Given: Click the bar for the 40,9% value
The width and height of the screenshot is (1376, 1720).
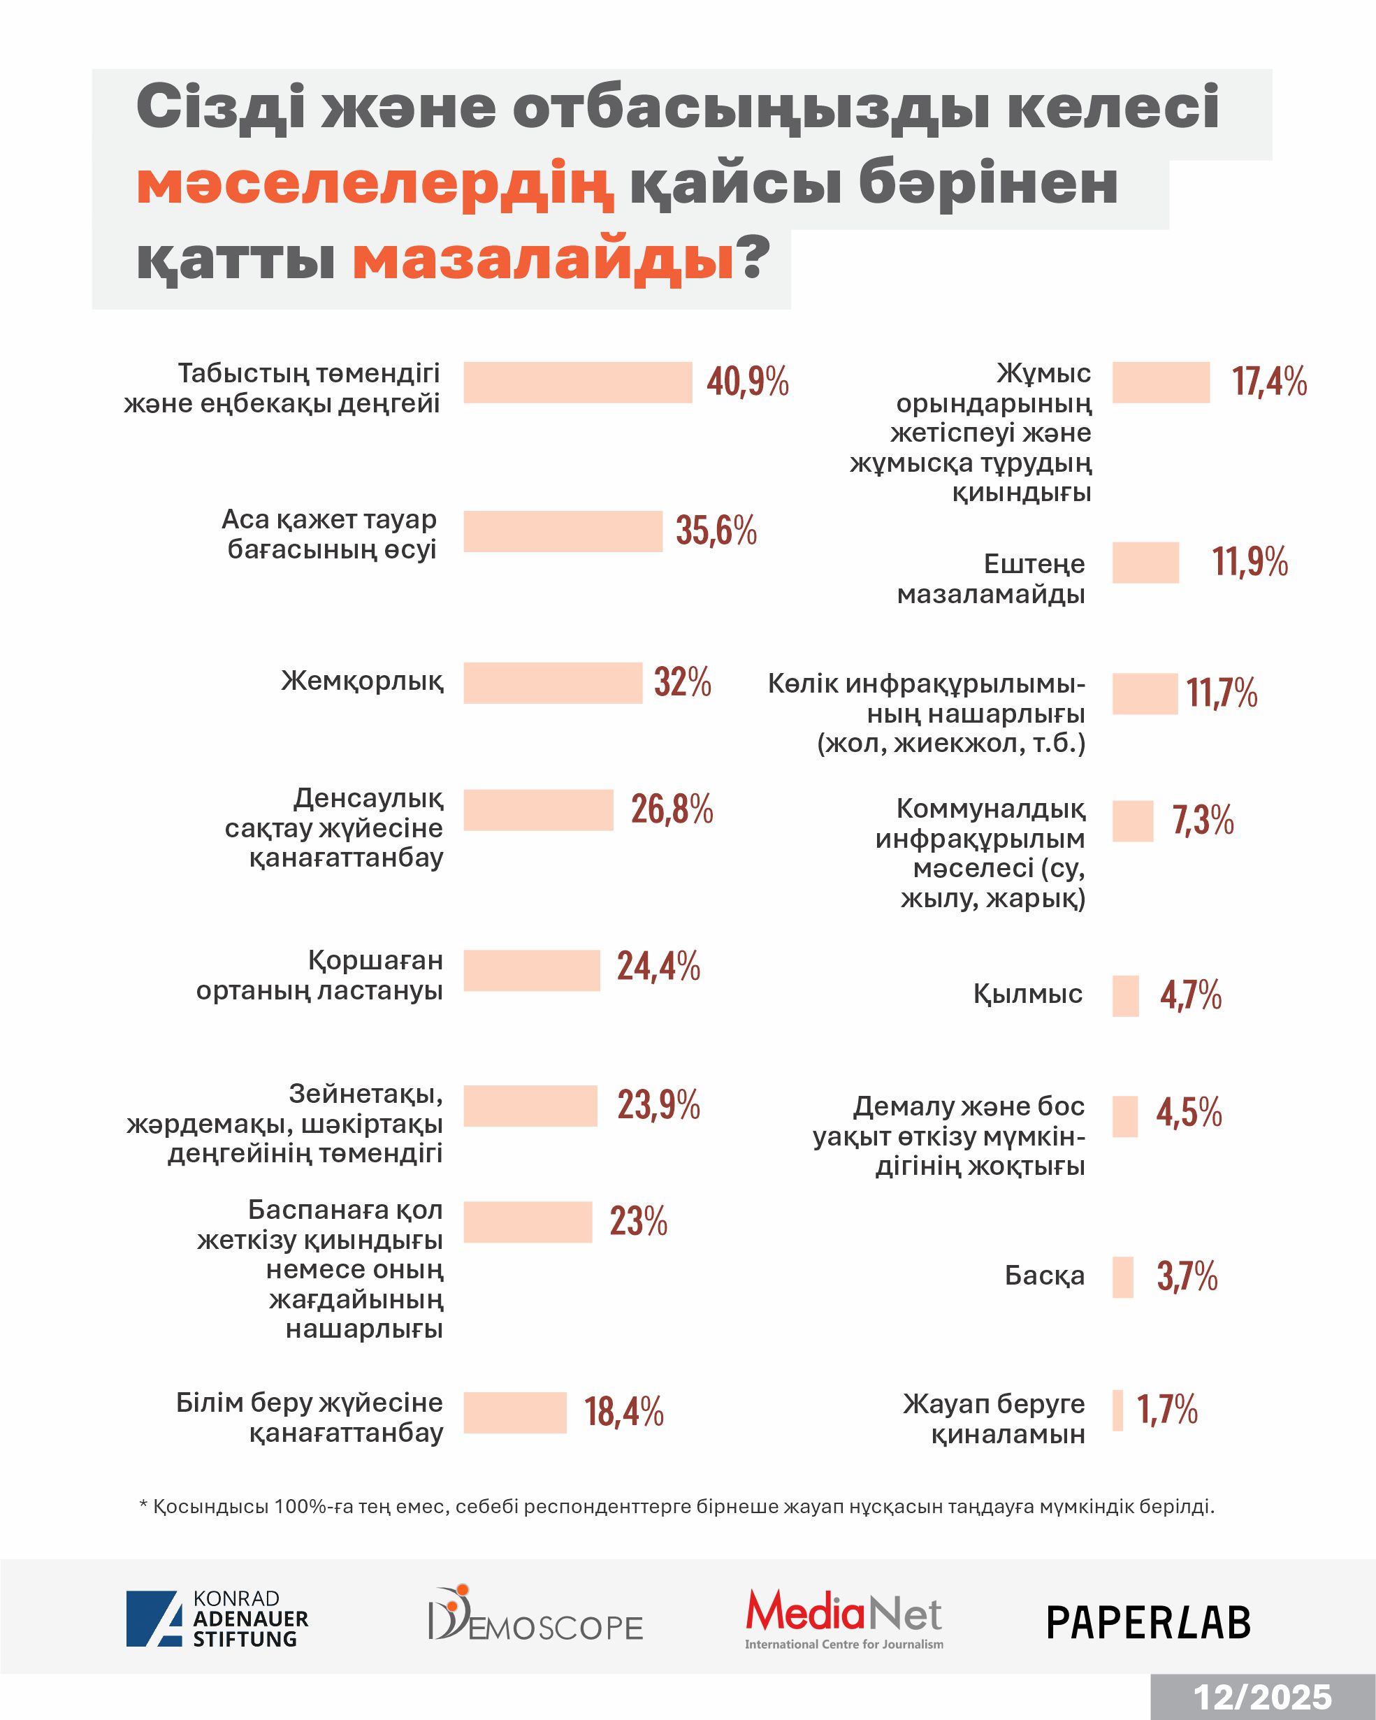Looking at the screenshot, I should pyautogui.click(x=577, y=382).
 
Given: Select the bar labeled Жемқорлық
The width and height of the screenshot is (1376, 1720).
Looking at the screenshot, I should pyautogui.click(x=553, y=683).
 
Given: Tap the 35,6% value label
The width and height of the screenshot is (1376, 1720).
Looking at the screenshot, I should pyautogui.click(x=716, y=530).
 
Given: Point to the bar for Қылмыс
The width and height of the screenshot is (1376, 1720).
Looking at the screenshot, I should pyautogui.click(x=1126, y=996).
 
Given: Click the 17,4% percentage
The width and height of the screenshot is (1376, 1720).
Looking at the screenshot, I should pyautogui.click(x=1269, y=382).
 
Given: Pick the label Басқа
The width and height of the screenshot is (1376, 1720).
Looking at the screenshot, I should pyautogui.click(x=1044, y=1275).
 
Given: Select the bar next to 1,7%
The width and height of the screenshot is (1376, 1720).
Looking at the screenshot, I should pyautogui.click(x=1117, y=1410).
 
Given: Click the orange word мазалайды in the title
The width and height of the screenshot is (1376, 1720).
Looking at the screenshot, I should pyautogui.click(x=543, y=259).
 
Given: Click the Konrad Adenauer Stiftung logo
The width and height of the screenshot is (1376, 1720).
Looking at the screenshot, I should pyautogui.click(x=217, y=1619).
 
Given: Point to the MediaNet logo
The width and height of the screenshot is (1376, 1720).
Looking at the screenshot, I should pyautogui.click(x=843, y=1619).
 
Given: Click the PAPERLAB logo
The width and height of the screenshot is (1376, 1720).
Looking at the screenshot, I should pyautogui.click(x=1148, y=1622).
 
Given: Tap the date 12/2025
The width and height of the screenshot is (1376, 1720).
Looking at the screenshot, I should pyautogui.click(x=1262, y=1697).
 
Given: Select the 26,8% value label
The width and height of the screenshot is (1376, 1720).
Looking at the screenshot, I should pyautogui.click(x=672, y=810).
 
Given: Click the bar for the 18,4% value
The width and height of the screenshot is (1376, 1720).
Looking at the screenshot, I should pyautogui.click(x=514, y=1412).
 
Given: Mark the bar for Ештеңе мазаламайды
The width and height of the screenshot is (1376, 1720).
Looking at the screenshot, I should pyautogui.click(x=1145, y=563).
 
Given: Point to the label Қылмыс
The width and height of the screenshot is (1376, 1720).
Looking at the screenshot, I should pyautogui.click(x=1027, y=994).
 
